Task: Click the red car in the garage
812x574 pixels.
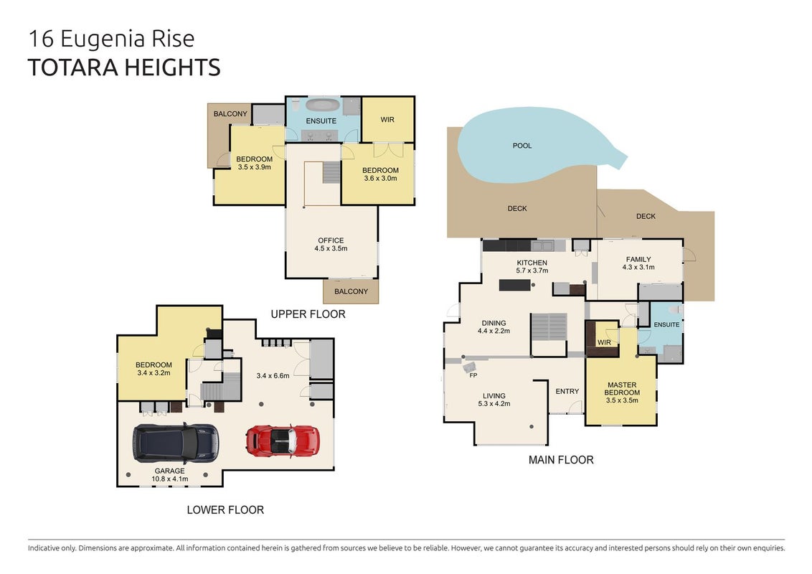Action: pyautogui.click(x=283, y=441)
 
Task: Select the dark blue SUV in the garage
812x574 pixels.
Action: pyautogui.click(x=176, y=443)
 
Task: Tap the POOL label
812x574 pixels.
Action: pyautogui.click(x=522, y=146)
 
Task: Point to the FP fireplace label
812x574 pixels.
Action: pyautogui.click(x=473, y=375)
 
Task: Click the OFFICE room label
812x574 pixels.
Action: pyautogui.click(x=331, y=240)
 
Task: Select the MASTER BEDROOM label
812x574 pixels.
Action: pyautogui.click(x=622, y=389)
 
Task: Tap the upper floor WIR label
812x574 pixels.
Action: pyautogui.click(x=387, y=120)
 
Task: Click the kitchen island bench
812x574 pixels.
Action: pyautogui.click(x=515, y=285)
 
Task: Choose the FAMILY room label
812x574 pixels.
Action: pyautogui.click(x=638, y=259)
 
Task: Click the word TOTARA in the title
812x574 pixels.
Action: pyautogui.click(x=72, y=68)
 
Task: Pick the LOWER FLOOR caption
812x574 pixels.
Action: pyautogui.click(x=225, y=509)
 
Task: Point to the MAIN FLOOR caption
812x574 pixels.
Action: pyautogui.click(x=561, y=459)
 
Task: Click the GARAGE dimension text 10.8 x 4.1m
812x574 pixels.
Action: pyautogui.click(x=170, y=479)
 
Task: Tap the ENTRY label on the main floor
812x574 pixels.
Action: pyautogui.click(x=567, y=391)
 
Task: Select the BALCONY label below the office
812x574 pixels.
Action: pyautogui.click(x=351, y=291)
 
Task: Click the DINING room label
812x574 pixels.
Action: pyautogui.click(x=494, y=323)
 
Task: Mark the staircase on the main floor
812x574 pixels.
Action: pyautogui.click(x=549, y=327)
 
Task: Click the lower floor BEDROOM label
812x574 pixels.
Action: pyautogui.click(x=154, y=364)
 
